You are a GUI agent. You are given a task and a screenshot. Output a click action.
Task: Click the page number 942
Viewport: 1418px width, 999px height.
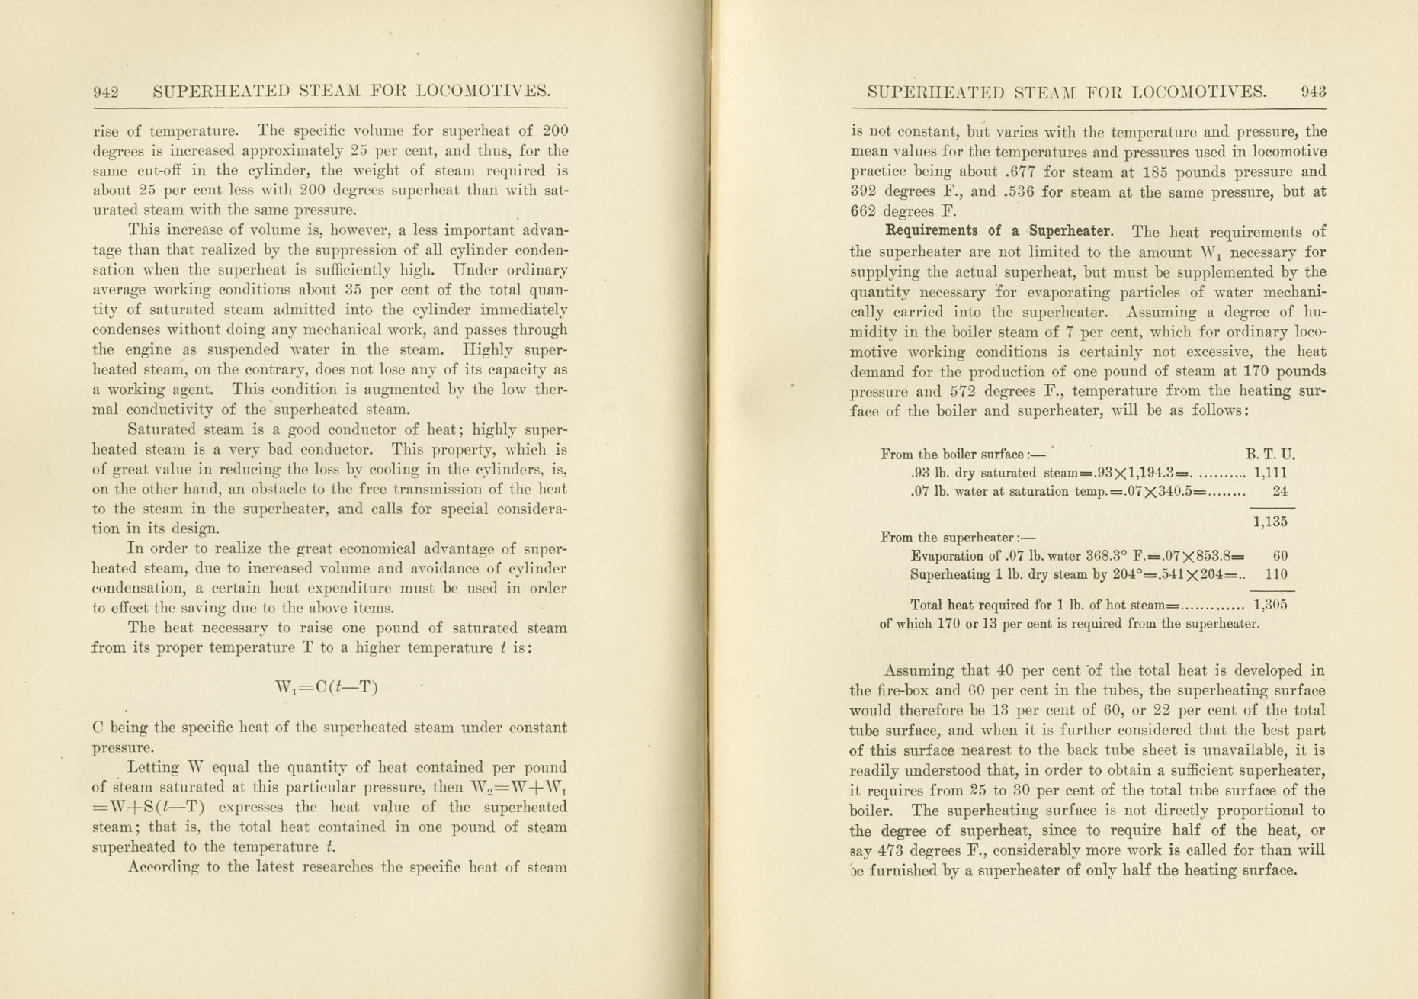pos(106,92)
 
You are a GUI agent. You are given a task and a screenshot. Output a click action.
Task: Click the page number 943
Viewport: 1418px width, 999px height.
pos(1314,92)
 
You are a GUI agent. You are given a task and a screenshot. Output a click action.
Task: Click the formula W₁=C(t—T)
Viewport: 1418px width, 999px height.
pos(327,687)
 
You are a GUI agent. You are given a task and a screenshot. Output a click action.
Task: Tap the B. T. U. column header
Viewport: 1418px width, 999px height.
pos(1270,454)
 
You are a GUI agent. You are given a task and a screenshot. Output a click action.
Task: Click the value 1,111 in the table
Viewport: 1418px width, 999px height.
pos(1270,473)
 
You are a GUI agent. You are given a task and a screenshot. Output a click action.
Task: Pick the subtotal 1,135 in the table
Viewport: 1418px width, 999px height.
pos(1270,522)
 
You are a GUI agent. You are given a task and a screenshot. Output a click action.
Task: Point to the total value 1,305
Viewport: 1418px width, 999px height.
pos(1270,605)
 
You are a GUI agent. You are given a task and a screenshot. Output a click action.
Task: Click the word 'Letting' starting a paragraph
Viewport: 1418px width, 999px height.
pos(155,767)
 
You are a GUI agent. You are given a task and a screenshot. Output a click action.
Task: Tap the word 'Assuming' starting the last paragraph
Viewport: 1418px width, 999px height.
pos(918,671)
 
